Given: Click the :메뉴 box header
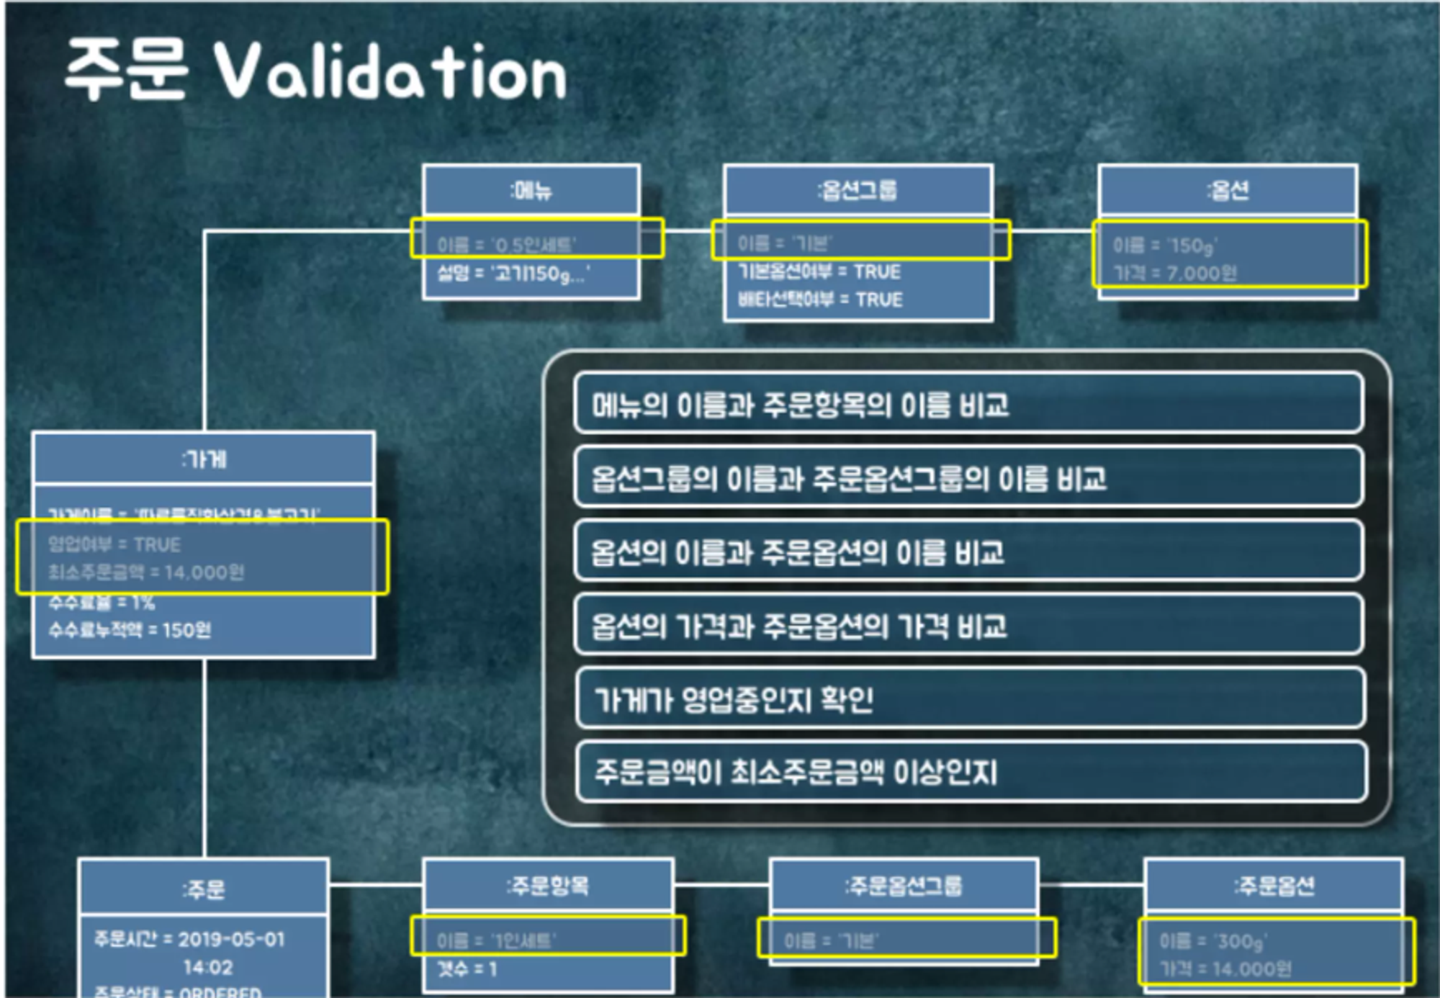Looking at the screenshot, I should [531, 191].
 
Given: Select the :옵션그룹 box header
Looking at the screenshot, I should [858, 190].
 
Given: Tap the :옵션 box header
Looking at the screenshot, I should [1228, 190].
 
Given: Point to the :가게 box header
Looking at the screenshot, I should [204, 459].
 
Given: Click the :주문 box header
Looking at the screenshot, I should [204, 889].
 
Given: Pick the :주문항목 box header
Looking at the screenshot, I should [548, 885].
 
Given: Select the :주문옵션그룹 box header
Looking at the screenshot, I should [904, 885].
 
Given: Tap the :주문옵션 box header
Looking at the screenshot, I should [1274, 885].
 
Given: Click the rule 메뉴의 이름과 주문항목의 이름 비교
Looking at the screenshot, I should [800, 405].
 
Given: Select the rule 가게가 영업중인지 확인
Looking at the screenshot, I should [734, 699].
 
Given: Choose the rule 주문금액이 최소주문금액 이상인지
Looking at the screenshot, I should [796, 773].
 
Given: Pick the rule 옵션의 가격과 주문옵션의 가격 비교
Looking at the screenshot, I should [798, 626].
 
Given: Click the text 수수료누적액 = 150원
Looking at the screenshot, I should [130, 630].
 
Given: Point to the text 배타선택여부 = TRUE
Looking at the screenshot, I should [820, 300].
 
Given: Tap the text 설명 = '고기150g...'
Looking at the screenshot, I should [513, 274].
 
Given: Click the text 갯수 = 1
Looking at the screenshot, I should [467, 969].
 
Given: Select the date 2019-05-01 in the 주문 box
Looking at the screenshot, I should [231, 939].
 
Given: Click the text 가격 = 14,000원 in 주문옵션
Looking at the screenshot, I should [1225, 969].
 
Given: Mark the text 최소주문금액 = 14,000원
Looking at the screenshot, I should [146, 572].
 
